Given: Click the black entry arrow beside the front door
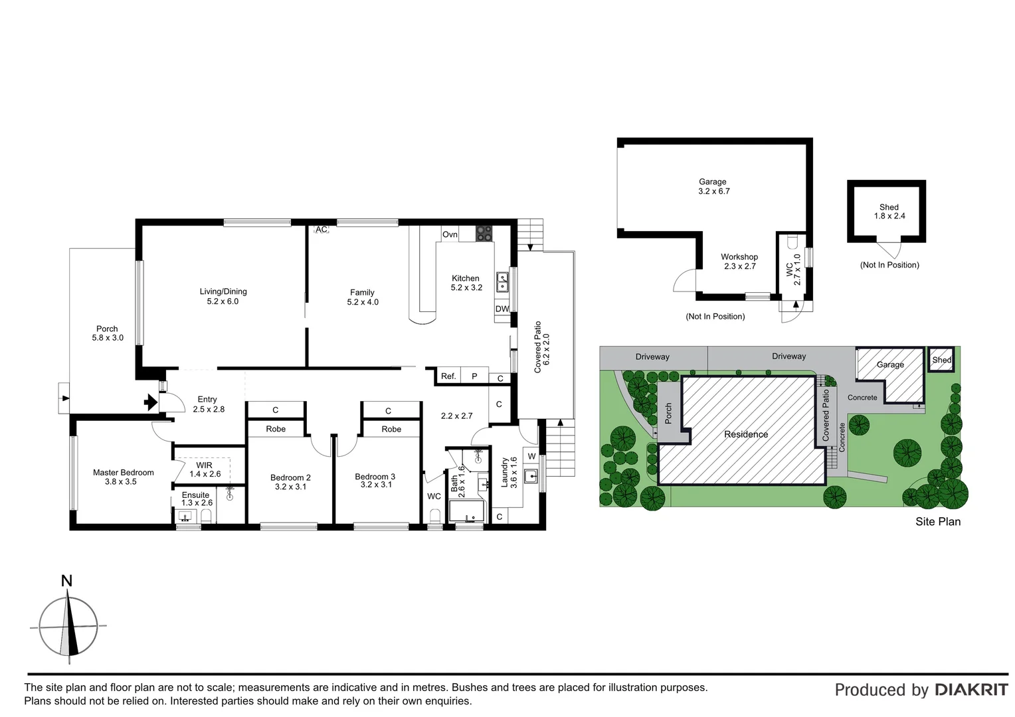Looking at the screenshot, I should tap(151, 402).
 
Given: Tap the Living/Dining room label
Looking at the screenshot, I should tap(223, 296).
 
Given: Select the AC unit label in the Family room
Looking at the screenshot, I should tap(322, 230).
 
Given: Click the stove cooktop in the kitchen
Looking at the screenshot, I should tap(484, 234).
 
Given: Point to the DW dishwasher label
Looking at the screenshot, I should tap(502, 309).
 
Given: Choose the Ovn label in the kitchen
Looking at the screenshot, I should tap(450, 234).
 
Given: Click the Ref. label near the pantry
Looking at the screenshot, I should tap(448, 376).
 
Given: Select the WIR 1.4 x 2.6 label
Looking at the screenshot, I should tap(205, 470).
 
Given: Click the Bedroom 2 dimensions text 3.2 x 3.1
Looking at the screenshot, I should tap(290, 487).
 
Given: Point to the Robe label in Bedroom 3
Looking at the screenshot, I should tap(391, 430).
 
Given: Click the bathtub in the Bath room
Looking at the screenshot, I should tap(468, 512).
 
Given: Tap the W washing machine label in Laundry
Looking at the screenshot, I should tap(531, 456).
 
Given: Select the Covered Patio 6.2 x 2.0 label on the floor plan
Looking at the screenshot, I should tap(542, 347).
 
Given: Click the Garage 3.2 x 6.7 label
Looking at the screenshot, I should tap(713, 187).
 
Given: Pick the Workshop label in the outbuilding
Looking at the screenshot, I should tap(739, 257).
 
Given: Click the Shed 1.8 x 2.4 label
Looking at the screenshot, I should tap(889, 212).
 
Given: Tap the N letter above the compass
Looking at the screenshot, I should tap(66, 582).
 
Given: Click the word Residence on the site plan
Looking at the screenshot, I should tap(745, 434).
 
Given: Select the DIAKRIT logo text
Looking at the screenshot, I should tap(971, 690).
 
